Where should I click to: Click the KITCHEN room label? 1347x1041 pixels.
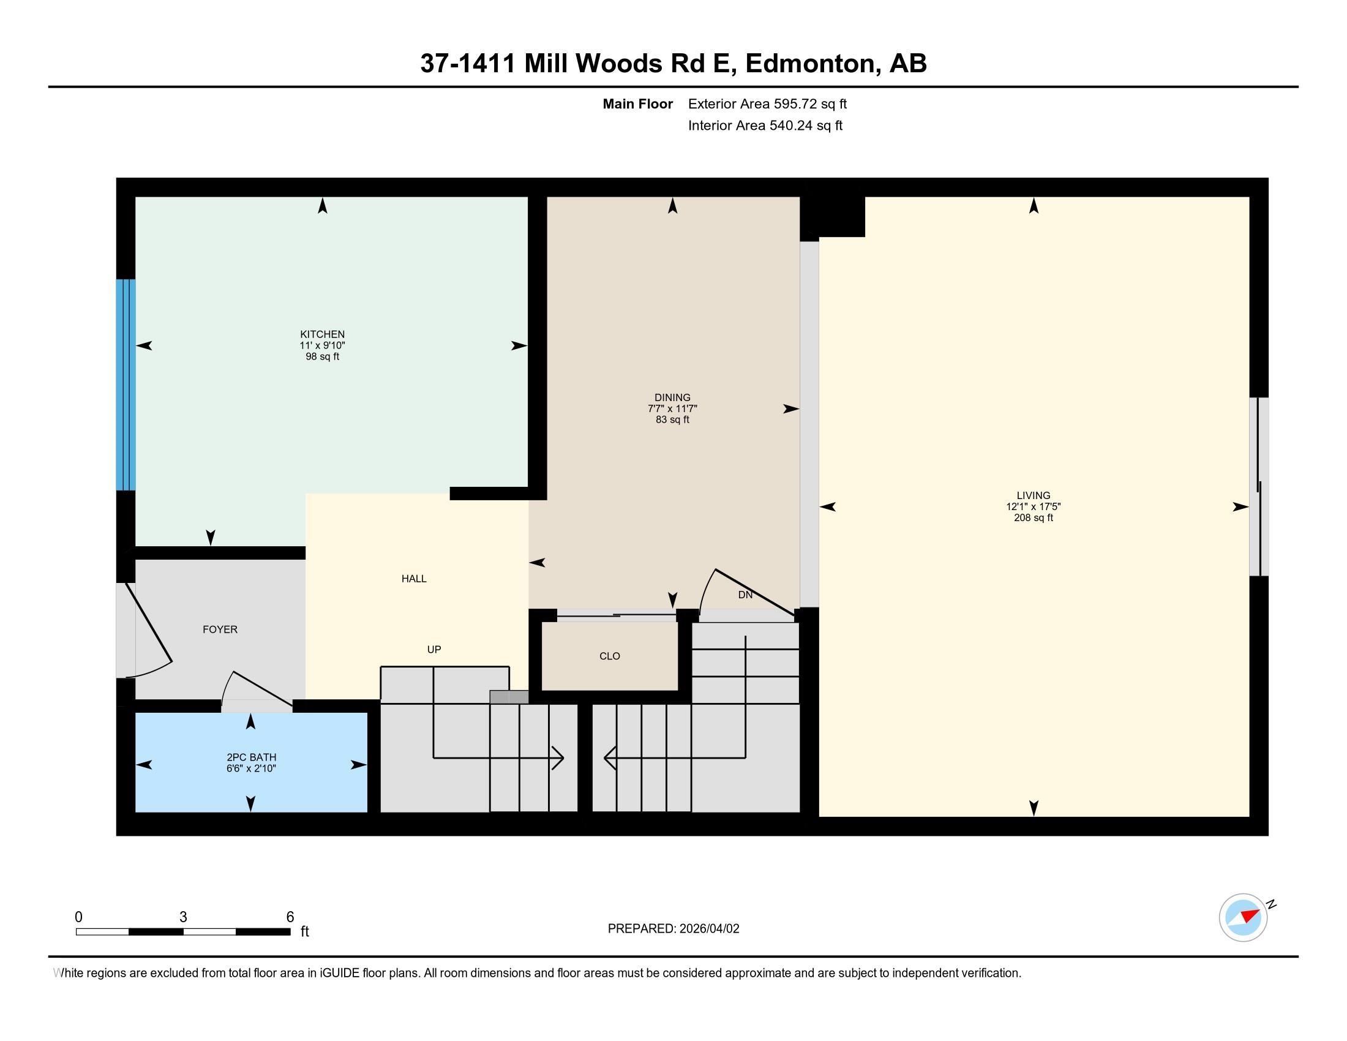(x=322, y=334)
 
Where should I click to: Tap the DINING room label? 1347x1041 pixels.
(x=672, y=397)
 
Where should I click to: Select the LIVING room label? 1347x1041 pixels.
(x=1033, y=495)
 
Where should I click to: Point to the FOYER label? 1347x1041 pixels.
(x=220, y=629)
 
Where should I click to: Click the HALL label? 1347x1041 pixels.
(x=414, y=579)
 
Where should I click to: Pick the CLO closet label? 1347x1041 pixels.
(x=609, y=656)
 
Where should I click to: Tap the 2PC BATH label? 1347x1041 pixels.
(x=251, y=757)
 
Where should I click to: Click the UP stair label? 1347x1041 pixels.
(x=434, y=648)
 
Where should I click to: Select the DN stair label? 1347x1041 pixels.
(x=745, y=595)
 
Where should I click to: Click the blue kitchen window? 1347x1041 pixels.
(x=126, y=385)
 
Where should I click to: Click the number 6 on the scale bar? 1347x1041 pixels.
(x=290, y=917)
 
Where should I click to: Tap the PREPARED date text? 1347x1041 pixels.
(x=673, y=928)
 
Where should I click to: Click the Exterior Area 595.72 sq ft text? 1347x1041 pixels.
(x=767, y=103)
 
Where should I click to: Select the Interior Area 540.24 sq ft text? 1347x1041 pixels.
(x=765, y=125)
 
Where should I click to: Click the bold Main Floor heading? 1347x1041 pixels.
(x=638, y=103)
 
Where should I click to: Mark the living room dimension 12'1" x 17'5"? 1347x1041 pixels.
(x=1033, y=506)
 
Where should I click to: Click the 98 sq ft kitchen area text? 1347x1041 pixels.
(x=322, y=356)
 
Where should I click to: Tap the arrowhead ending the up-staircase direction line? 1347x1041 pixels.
(x=558, y=757)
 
